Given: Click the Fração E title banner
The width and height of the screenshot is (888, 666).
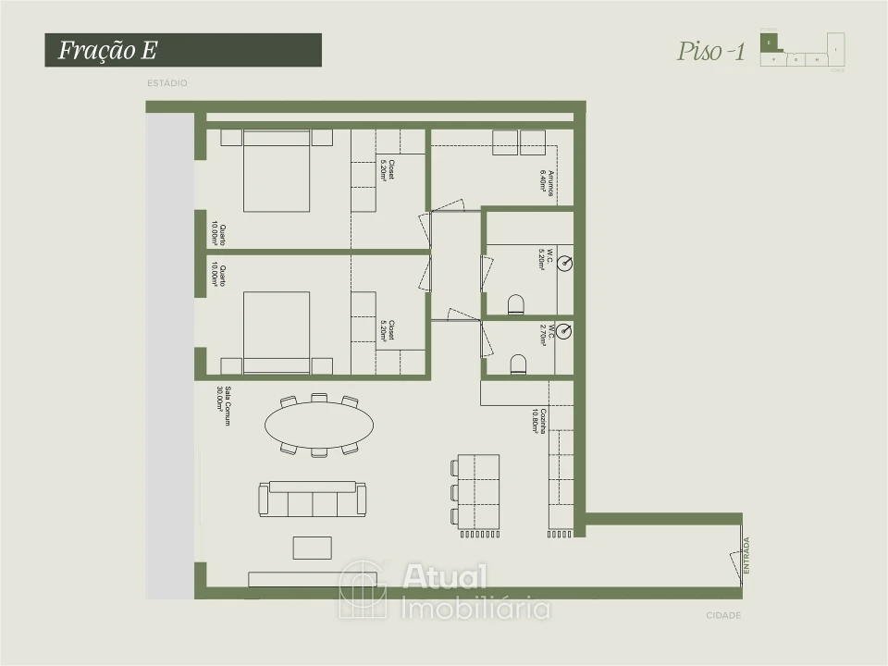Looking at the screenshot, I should [x=183, y=50].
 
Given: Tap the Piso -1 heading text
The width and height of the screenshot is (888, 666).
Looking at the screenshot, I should [x=711, y=51].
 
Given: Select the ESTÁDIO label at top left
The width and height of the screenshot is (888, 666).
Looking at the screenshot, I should [x=166, y=83].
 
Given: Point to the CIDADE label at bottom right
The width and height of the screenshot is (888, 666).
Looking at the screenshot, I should [x=723, y=615].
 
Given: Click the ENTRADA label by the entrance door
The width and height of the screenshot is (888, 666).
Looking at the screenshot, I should [x=747, y=557].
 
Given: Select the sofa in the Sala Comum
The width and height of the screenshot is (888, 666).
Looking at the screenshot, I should [x=311, y=499].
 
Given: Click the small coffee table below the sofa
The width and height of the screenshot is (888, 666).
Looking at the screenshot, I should [x=312, y=548].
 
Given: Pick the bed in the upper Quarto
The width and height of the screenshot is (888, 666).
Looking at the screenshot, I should [x=276, y=171].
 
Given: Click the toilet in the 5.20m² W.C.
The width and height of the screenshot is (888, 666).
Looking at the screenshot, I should [x=516, y=304].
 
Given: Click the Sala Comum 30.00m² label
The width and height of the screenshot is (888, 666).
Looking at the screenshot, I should [x=221, y=404].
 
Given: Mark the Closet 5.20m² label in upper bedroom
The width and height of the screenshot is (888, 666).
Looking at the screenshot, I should [x=388, y=170].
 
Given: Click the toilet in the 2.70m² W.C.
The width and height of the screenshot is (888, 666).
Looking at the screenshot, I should [x=517, y=364].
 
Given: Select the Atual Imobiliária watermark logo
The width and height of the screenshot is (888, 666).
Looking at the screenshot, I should [x=444, y=590].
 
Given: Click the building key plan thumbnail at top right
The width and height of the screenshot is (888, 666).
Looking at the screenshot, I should [x=802, y=50].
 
